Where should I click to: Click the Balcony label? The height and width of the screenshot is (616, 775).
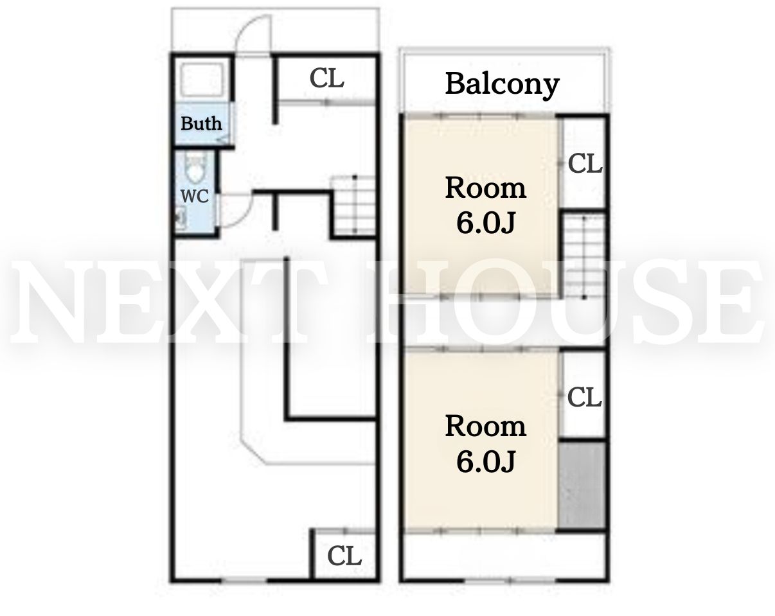503,85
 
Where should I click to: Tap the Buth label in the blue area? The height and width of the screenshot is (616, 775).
201,123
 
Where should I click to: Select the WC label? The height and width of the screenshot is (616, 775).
195,196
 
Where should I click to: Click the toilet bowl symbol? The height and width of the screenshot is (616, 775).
195,172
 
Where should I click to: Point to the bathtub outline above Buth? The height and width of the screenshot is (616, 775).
202,80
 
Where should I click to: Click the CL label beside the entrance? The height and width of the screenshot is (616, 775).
326,78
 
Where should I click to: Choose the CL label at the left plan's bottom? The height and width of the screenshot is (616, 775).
344,556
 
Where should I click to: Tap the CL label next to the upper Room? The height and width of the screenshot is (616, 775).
585,163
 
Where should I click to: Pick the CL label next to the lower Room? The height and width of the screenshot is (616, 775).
585,398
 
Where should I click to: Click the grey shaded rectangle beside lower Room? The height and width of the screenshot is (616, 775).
582,486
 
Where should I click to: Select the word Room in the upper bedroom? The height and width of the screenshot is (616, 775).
486,188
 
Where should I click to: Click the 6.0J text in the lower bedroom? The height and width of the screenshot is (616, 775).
486,461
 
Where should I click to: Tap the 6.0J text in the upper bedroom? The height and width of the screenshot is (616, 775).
486,223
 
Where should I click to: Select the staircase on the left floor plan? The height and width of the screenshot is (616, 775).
353,206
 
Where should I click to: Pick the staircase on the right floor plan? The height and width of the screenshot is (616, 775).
583,256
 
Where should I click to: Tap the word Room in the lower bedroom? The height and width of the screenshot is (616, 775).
486,426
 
